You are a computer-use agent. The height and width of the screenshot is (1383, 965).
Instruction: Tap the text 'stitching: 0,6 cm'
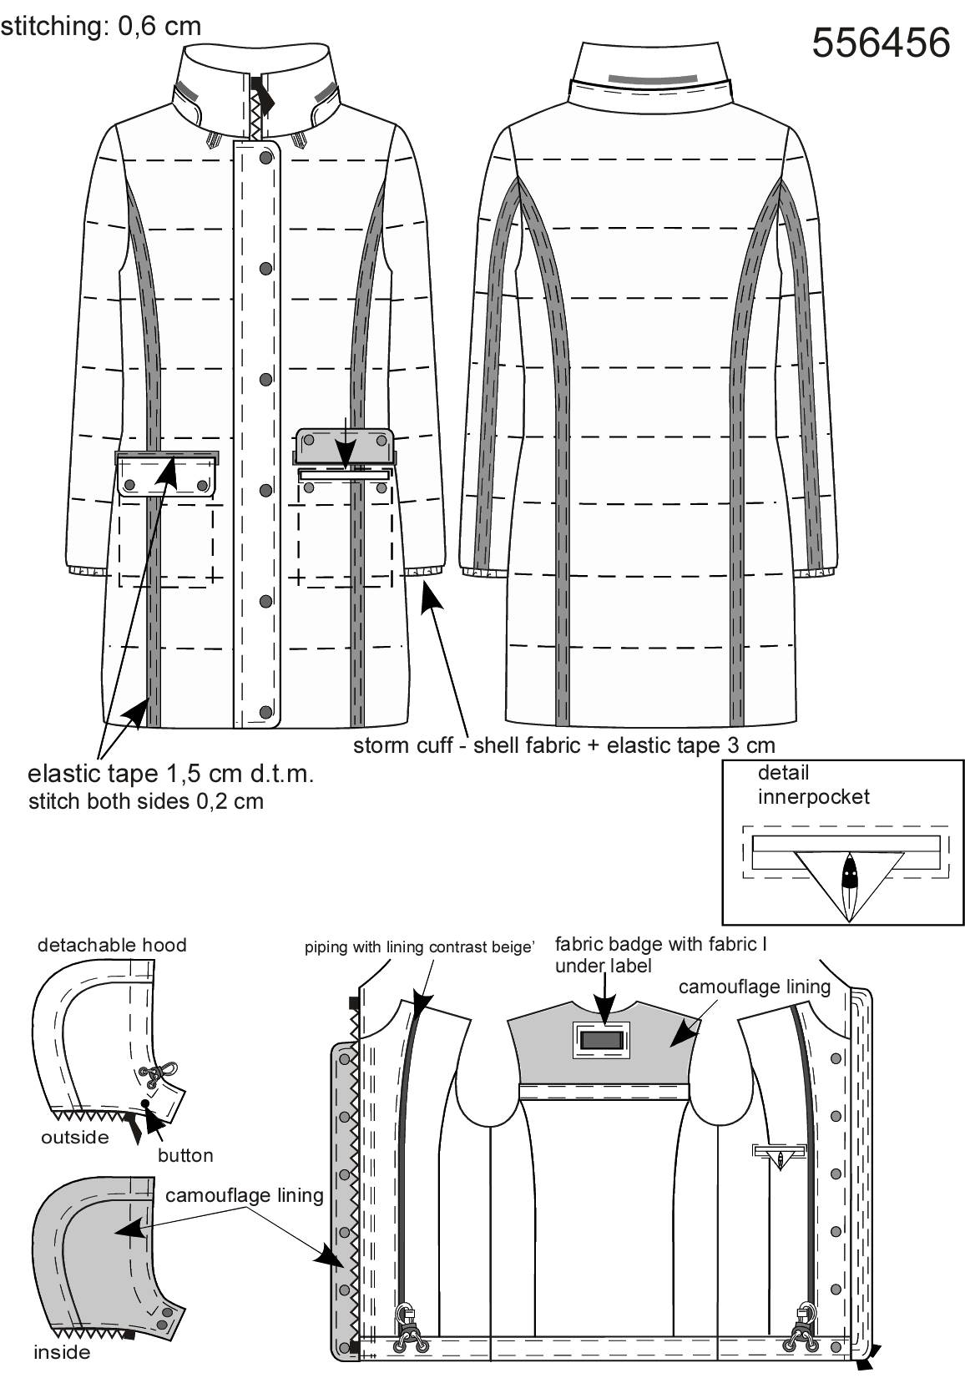click(101, 27)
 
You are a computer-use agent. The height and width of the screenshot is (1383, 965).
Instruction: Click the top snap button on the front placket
click(266, 158)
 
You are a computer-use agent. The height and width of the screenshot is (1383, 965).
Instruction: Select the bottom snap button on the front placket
click(266, 712)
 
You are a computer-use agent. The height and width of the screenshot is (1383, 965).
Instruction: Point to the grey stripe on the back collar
click(653, 78)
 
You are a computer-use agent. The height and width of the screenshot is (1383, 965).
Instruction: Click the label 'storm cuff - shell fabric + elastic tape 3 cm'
click(563, 745)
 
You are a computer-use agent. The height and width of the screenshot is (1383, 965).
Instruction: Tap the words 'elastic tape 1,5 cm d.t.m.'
click(171, 774)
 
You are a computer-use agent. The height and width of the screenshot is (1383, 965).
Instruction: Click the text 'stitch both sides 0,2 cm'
click(146, 801)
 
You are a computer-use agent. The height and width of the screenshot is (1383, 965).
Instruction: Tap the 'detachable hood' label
click(112, 945)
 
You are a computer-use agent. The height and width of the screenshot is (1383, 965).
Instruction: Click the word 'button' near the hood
click(185, 1155)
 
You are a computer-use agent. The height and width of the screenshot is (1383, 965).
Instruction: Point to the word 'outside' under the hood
click(74, 1138)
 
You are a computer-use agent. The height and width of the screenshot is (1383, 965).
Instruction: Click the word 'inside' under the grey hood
click(62, 1352)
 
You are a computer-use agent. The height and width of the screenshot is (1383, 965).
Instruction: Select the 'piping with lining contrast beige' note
click(419, 947)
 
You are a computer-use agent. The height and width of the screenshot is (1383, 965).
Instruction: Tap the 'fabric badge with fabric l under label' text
click(660, 955)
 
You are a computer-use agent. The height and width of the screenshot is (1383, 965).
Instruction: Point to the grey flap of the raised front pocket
click(343, 445)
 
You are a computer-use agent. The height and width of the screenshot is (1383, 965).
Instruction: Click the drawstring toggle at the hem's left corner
click(407, 1331)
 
